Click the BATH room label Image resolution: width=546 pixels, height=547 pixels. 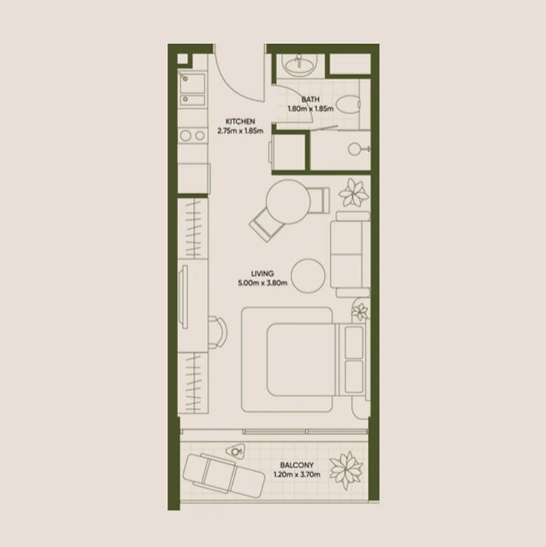[x=310, y=100]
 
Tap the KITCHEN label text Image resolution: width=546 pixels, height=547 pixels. [x=240, y=122]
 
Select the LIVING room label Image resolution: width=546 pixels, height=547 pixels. [x=263, y=273]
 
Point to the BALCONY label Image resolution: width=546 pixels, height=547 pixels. [x=297, y=465]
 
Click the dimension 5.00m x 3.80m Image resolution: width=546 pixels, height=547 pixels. [x=263, y=283]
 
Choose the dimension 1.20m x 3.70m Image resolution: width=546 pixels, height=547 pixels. [x=297, y=474]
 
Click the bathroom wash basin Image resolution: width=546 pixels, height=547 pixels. [x=299, y=65]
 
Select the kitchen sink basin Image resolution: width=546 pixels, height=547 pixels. [x=193, y=83]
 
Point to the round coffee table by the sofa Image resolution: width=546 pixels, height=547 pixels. [x=308, y=276]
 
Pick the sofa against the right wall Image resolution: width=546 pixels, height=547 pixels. [x=350, y=254]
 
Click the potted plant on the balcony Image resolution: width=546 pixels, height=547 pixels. [x=347, y=470]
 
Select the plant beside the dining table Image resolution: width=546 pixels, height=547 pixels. [x=353, y=192]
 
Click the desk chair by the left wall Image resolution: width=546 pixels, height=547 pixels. [x=218, y=332]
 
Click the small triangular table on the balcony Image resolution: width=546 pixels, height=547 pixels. [x=236, y=451]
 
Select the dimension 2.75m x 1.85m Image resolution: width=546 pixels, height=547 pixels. [x=240, y=131]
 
